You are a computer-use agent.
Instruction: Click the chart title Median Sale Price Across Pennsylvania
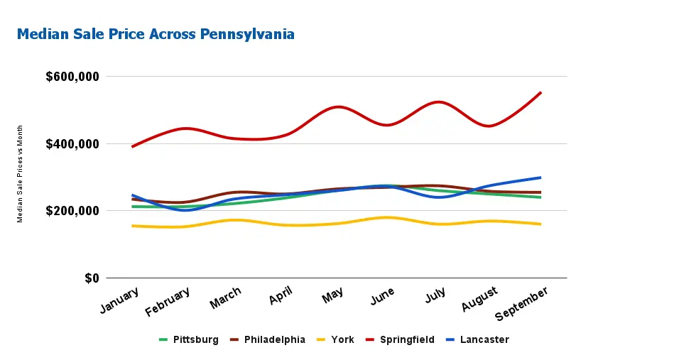click(155, 34)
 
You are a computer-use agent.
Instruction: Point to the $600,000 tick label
click(72, 77)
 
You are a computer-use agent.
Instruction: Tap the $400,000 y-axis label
click(72, 144)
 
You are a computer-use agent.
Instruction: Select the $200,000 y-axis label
click(72, 211)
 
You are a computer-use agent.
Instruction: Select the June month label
click(382, 296)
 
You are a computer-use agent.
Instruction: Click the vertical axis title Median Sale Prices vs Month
click(21, 174)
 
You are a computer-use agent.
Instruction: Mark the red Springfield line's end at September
click(541, 92)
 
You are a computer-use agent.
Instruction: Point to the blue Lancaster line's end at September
click(541, 178)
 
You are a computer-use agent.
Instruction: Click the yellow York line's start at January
click(132, 226)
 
